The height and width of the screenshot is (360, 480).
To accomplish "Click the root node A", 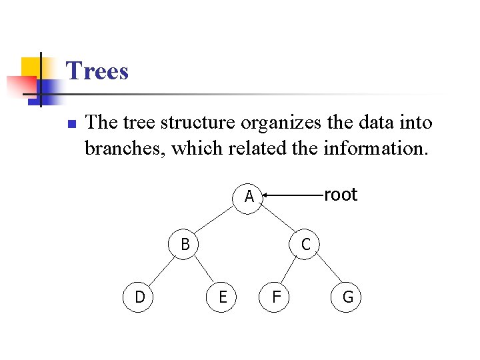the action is [249, 197].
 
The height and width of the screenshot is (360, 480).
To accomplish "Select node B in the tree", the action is [185, 245].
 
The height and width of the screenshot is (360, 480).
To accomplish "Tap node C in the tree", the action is [305, 245].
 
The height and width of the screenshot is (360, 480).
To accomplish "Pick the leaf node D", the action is [139, 297].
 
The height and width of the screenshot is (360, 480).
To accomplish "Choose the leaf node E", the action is [223, 297].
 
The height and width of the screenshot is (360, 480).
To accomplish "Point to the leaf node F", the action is [275, 297].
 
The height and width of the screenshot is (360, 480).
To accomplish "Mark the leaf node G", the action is [347, 297].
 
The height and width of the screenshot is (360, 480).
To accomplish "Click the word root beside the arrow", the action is [340, 195].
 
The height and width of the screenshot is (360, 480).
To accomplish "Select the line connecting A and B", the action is [217, 221].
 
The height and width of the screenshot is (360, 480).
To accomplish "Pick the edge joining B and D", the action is [162, 270].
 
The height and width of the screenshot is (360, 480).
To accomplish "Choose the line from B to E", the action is [204, 270].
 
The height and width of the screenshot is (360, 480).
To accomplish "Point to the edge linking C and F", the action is [290, 270].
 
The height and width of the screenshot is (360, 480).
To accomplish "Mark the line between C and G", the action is [327, 270].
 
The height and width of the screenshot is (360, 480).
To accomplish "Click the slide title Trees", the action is [97, 71].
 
